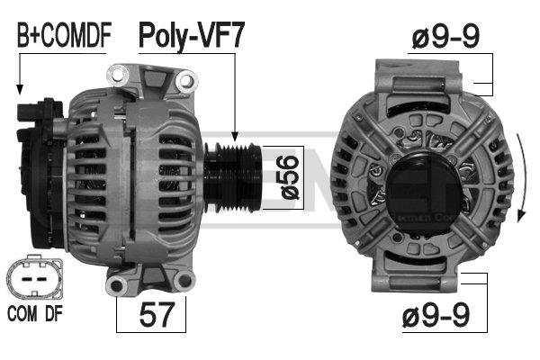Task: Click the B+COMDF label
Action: coord(65,35)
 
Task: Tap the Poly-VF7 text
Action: coord(192,36)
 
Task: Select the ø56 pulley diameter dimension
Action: coord(290,177)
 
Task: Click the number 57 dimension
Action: coord(157,314)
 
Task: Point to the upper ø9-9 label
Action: coord(445,37)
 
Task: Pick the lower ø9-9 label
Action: coord(436,315)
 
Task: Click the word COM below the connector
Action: coord(22,314)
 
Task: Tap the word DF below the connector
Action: coord(54,314)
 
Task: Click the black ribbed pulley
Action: coord(233,177)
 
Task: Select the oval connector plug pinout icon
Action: coord(34,278)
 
